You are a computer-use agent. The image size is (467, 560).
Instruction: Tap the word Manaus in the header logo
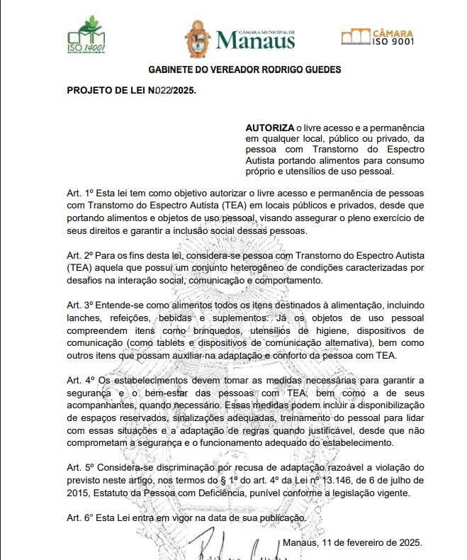255,41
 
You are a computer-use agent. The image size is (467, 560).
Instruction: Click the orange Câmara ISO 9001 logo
377,36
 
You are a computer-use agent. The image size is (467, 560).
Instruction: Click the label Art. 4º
80,381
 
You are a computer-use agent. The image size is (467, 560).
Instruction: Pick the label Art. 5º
80,468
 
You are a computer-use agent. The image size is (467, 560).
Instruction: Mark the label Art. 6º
80,518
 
